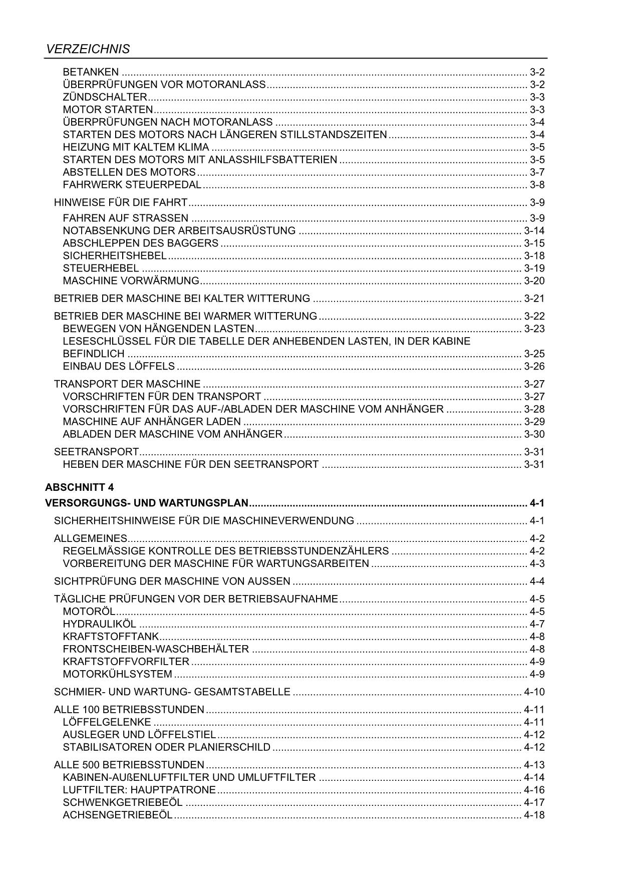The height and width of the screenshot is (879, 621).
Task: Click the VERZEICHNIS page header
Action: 88,49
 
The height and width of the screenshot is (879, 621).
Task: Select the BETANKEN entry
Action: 91,72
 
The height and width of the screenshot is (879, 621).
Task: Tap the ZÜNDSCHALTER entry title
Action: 105,97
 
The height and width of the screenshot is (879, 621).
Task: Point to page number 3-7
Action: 537,172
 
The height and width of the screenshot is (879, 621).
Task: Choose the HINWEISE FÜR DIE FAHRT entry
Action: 120,202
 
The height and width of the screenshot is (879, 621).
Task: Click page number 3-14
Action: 534,230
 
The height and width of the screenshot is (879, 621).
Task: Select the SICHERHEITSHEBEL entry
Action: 114,255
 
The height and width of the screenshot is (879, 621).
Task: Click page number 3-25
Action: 534,354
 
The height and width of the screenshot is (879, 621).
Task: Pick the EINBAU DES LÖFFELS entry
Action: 119,366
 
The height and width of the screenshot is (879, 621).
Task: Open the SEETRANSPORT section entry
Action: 96,452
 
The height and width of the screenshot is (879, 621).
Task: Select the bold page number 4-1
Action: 537,503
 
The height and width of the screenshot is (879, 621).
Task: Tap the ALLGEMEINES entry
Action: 90,538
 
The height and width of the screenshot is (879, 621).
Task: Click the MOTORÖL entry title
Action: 89,612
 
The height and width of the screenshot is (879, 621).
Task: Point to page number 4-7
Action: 537,624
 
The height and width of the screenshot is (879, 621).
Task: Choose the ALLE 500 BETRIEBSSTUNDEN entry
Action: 129,765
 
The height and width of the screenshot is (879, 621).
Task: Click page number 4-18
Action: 534,815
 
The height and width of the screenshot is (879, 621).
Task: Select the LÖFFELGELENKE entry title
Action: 107,722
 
